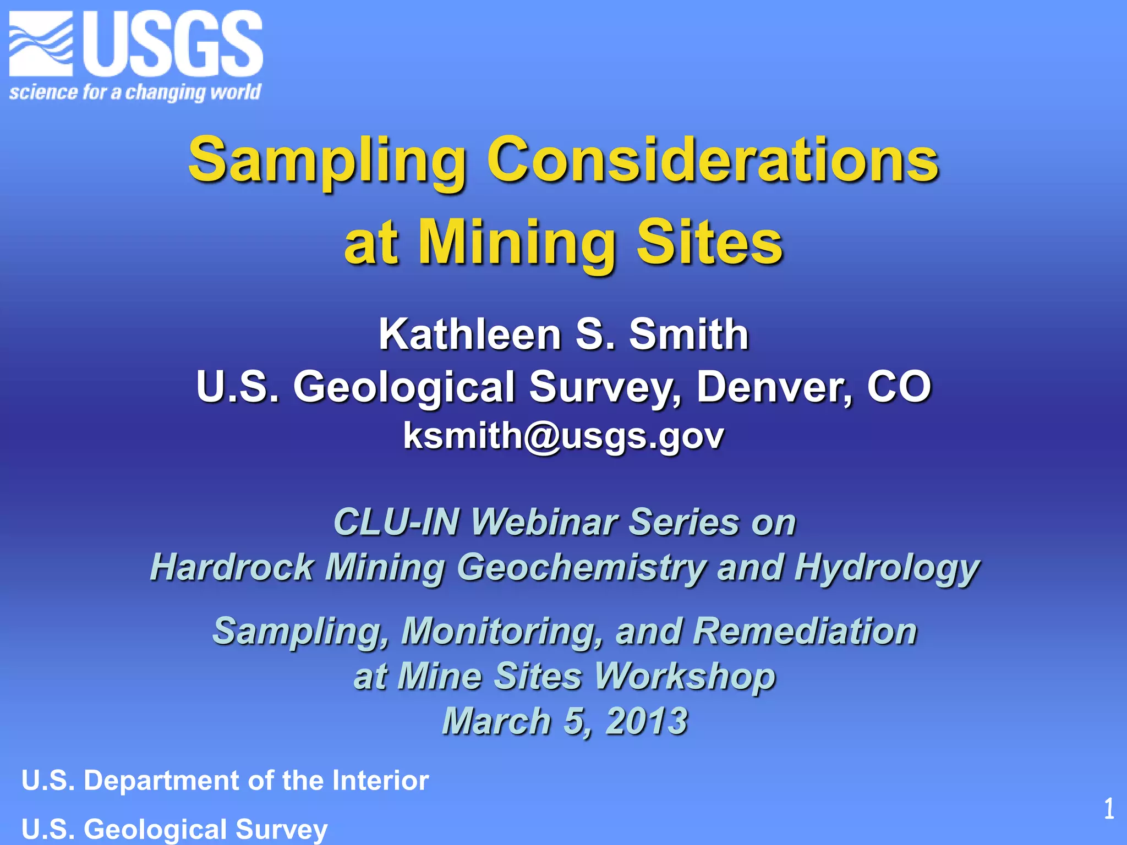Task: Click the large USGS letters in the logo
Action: (x=173, y=44)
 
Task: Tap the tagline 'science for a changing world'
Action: (x=135, y=91)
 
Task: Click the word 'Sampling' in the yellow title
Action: (x=327, y=161)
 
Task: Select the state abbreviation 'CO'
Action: (x=899, y=387)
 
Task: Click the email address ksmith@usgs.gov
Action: (x=563, y=436)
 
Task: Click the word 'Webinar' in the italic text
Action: (x=544, y=522)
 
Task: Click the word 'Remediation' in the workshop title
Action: (x=805, y=631)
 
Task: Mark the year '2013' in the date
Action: (x=647, y=721)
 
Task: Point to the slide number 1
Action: (x=1109, y=809)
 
